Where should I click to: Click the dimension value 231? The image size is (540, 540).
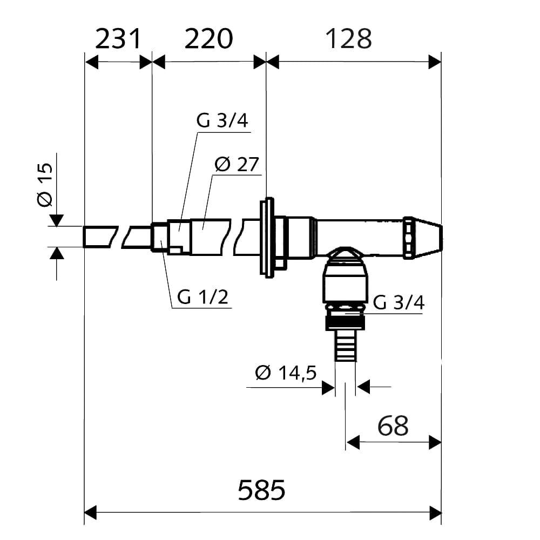(x=118, y=39)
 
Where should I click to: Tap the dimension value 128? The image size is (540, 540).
(x=349, y=39)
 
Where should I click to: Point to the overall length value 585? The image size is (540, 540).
(x=261, y=490)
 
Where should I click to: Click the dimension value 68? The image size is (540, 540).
(x=393, y=426)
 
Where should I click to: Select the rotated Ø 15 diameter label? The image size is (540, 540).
(x=45, y=184)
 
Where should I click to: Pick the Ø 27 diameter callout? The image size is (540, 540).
(x=237, y=165)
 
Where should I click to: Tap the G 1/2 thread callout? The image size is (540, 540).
(x=202, y=297)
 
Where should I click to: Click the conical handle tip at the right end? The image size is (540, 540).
(x=430, y=237)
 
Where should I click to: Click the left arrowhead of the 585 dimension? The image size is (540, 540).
(x=90, y=511)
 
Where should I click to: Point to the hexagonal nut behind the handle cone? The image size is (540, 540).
(x=409, y=237)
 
